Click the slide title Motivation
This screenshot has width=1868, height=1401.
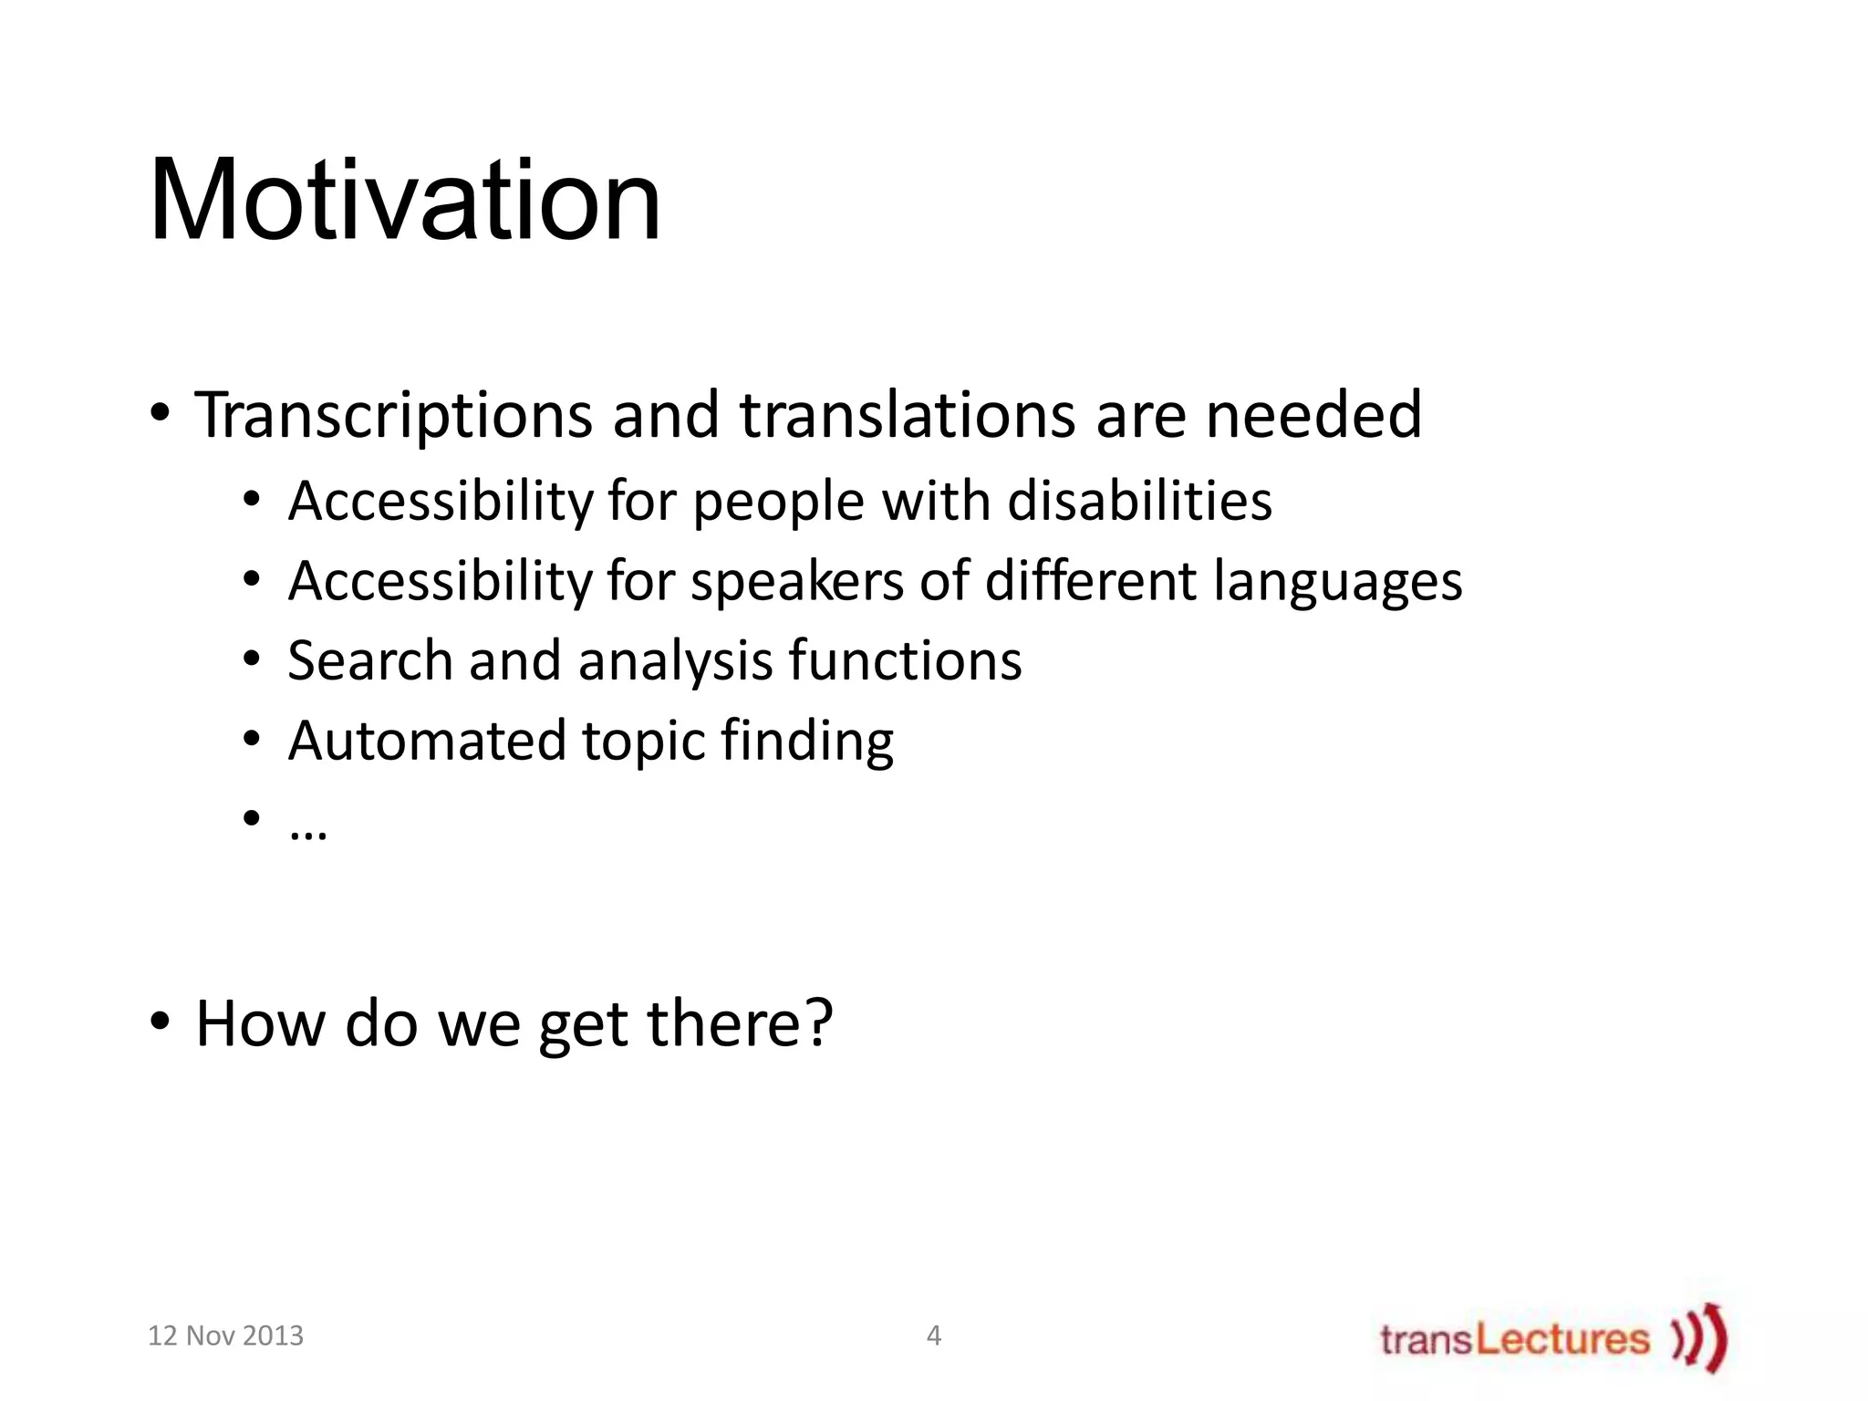tap(404, 201)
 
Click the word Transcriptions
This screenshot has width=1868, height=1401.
tap(393, 415)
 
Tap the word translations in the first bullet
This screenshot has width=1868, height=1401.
tap(907, 415)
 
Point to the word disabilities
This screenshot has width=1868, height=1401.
tap(1139, 501)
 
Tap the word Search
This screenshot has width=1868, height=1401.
tap(369, 660)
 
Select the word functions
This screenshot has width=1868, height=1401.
tap(905, 660)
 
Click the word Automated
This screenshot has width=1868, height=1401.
tap(427, 740)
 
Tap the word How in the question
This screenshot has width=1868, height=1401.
tap(261, 1023)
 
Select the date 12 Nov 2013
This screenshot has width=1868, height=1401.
tap(225, 1336)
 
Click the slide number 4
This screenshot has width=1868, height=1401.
tap(933, 1336)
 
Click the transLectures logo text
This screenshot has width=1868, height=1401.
tap(1514, 1340)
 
